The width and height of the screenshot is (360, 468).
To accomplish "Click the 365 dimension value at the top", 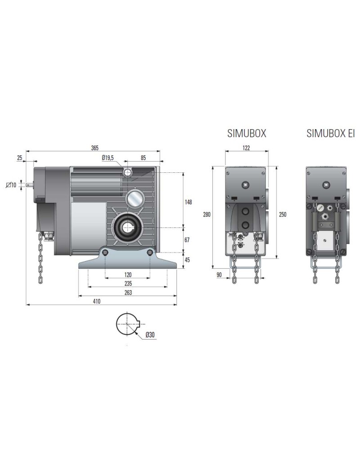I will [94, 148].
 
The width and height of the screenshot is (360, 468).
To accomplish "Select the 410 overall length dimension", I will [96, 301].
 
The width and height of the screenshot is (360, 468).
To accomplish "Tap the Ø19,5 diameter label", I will [108, 157].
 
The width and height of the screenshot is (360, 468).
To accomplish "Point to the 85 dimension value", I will [143, 157].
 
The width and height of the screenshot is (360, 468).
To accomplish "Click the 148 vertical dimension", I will [189, 202].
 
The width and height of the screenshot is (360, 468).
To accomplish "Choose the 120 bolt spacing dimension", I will [128, 274].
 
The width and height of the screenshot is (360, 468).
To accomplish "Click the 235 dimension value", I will [128, 283].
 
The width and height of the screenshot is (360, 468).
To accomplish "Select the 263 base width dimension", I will [128, 292].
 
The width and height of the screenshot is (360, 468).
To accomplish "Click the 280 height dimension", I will [207, 215].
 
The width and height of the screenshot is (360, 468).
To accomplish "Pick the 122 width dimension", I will [246, 148].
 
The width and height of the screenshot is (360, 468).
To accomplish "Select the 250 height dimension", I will [283, 215].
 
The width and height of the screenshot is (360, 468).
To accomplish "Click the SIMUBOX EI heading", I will [330, 134].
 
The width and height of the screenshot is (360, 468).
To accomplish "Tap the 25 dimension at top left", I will [19, 157].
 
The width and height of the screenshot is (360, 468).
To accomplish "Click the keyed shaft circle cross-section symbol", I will [129, 324].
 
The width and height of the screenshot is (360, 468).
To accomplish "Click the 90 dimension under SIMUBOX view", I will [219, 274].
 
